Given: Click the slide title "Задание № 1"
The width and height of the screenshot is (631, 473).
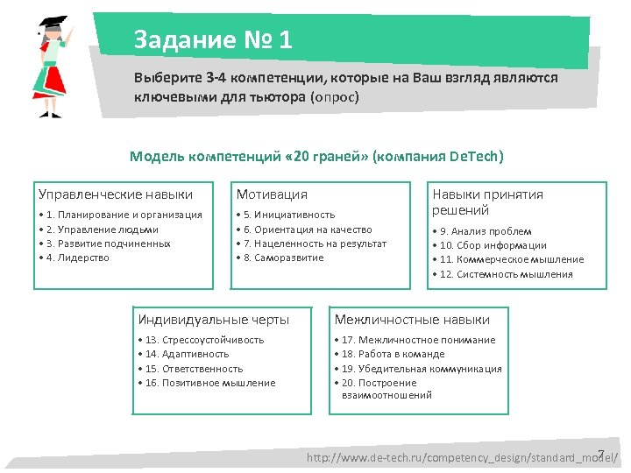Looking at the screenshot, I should [x=213, y=40].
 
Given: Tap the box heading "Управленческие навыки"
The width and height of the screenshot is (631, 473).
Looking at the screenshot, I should [x=116, y=194].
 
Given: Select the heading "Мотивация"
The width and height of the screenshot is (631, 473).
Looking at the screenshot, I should [x=272, y=194].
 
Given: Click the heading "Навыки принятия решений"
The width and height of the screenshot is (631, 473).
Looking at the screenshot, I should [x=487, y=202].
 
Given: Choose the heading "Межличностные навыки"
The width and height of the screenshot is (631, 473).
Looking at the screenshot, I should [x=412, y=320].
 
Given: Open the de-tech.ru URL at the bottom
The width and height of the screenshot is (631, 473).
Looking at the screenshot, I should [x=461, y=458].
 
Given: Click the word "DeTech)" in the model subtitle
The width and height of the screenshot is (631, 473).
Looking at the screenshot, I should [x=476, y=157].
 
